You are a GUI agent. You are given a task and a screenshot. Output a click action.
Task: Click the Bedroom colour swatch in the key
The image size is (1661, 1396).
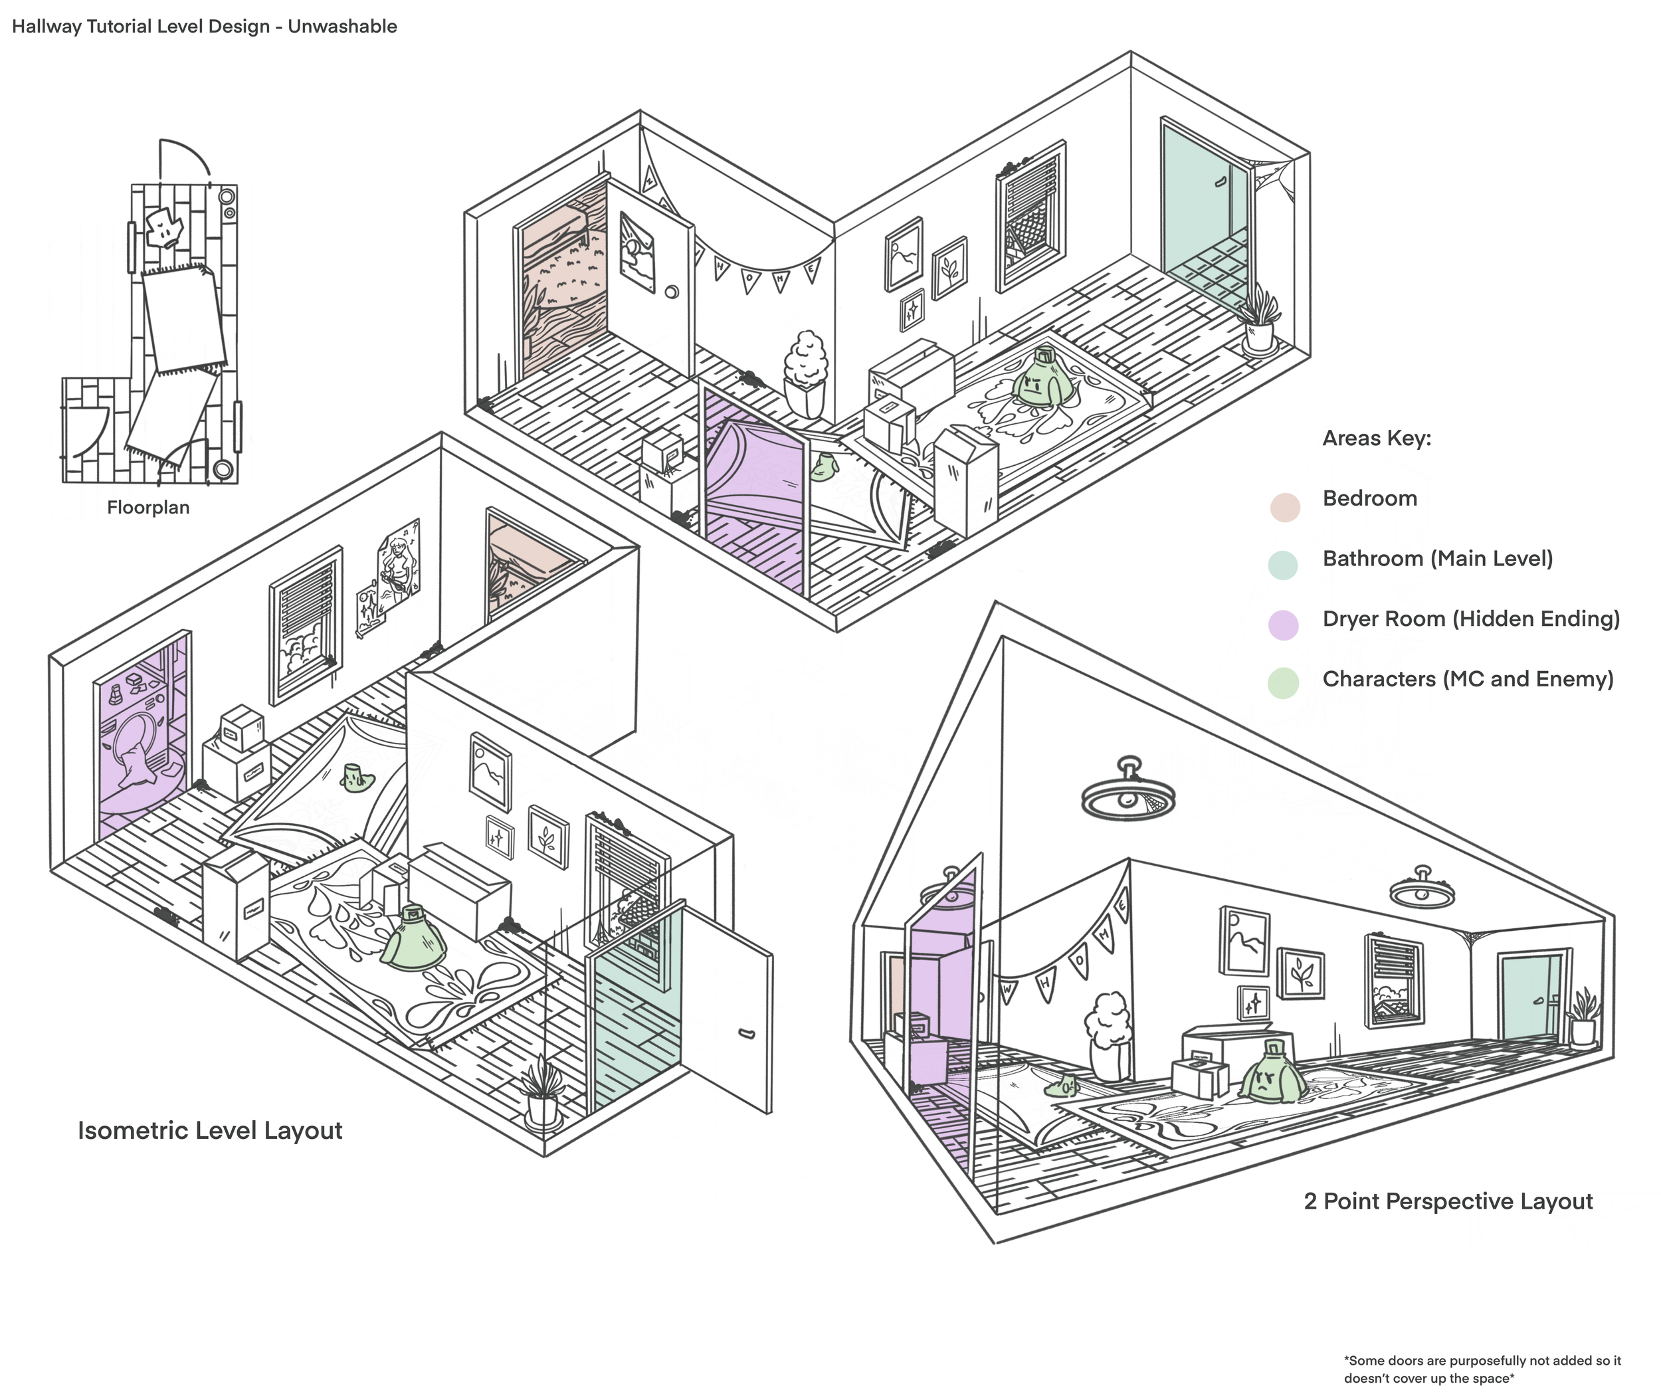coord(1285,507)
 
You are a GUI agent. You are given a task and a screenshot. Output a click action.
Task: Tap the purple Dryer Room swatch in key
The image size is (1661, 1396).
coord(1284,625)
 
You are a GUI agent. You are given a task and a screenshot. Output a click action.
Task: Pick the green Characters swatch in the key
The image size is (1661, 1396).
coord(1284,683)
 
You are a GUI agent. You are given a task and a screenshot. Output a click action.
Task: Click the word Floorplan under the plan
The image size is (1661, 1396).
coord(148,507)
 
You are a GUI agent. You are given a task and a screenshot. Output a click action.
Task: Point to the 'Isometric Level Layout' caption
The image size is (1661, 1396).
coord(210,1130)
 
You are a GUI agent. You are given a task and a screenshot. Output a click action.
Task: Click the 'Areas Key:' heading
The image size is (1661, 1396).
coord(1376,439)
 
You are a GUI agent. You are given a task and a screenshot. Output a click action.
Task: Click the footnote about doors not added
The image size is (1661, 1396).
coord(1482,1369)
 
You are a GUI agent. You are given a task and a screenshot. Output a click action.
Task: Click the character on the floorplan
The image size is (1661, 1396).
coord(165,229)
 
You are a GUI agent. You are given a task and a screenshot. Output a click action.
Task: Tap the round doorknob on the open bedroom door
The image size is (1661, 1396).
coord(672,292)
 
